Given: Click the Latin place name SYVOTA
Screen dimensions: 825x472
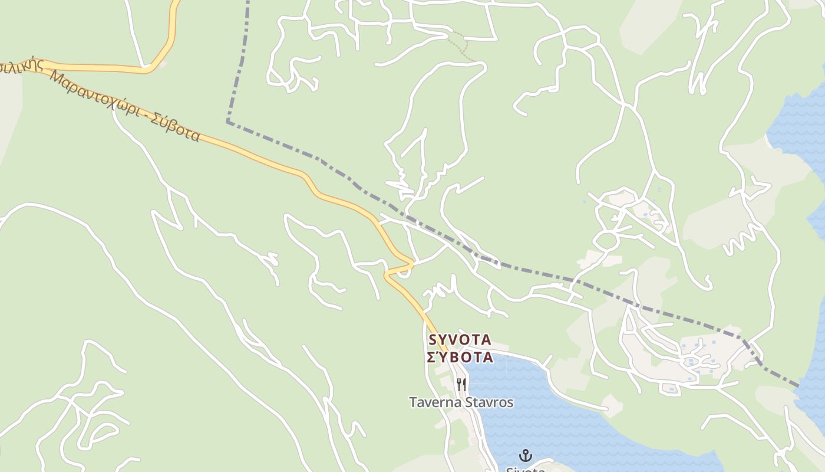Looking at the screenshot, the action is point(460,340).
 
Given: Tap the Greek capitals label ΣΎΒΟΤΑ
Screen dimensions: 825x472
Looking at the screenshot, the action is point(460,357).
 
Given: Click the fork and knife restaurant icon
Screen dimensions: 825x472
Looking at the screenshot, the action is point(461,385).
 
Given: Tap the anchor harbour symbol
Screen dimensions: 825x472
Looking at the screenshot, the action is point(525,455).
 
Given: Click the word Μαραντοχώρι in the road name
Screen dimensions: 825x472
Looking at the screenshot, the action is point(97,101).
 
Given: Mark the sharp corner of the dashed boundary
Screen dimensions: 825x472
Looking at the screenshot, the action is point(228,122).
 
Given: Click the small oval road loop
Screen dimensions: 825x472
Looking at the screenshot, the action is point(606,240).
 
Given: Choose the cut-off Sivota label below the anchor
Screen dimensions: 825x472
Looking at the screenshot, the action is point(525,469).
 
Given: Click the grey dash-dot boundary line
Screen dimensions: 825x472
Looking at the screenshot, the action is point(530,271).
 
